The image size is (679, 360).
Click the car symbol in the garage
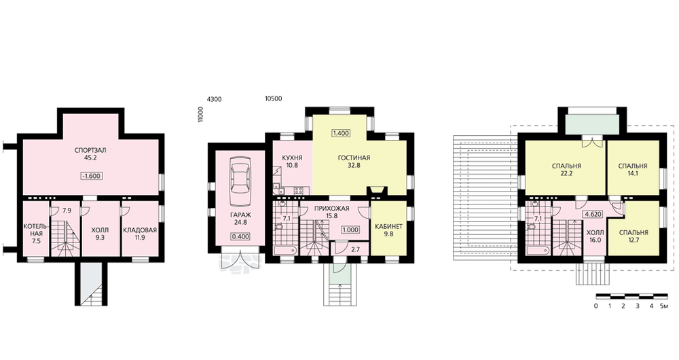pyautogui.click(x=240, y=183)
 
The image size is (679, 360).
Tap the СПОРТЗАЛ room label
pyautogui.click(x=90, y=150)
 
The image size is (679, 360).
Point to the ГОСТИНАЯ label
pyautogui.click(x=354, y=158)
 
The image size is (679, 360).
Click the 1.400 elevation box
pyautogui.click(x=341, y=133)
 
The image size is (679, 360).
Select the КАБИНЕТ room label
pyautogui.click(x=388, y=227)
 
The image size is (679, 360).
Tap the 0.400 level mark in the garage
pyautogui.click(x=240, y=237)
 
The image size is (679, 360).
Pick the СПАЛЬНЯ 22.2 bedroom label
pyautogui.click(x=566, y=169)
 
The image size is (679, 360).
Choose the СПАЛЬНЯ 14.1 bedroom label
pyautogui.click(x=633, y=169)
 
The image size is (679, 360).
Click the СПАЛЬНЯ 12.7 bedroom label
pyautogui.click(x=633, y=236)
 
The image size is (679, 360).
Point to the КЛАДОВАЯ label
pyautogui.click(x=140, y=230)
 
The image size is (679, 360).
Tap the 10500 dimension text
pyautogui.click(x=273, y=98)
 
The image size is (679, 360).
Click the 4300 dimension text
pyautogui.click(x=215, y=99)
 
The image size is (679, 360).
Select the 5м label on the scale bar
pyautogui.click(x=663, y=306)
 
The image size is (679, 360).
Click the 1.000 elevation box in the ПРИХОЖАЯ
pyautogui.click(x=350, y=230)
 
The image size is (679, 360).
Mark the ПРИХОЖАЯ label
pyautogui.click(x=332, y=209)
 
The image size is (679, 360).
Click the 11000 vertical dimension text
pyautogui.click(x=200, y=115)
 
